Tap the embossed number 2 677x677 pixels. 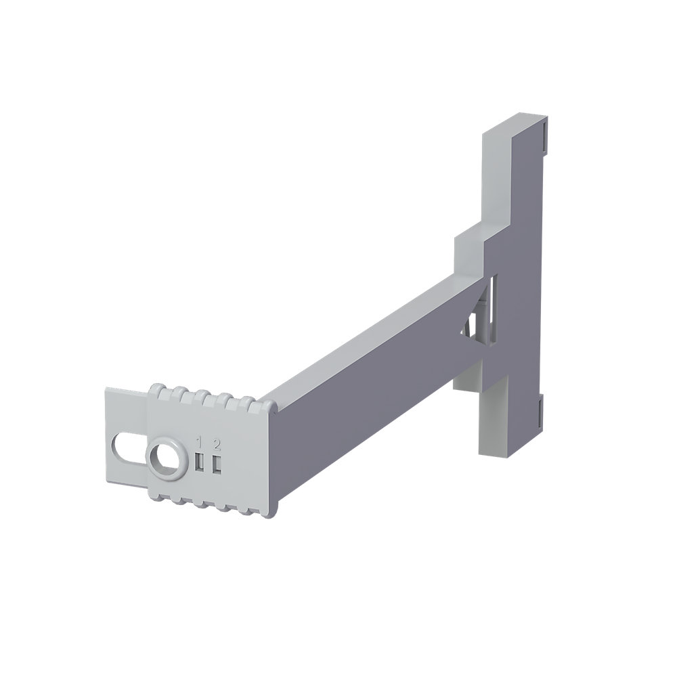tap(217, 443)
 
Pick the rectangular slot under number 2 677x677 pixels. tap(217, 464)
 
